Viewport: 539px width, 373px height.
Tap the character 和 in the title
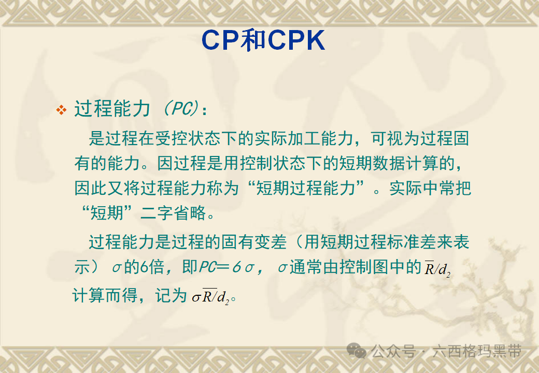click(x=254, y=40)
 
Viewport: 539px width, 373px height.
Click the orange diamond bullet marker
click(x=62, y=110)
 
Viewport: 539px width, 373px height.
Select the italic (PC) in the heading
click(x=180, y=109)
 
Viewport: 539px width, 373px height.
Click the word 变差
click(x=271, y=242)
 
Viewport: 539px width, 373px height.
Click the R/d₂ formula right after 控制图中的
click(x=437, y=269)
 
